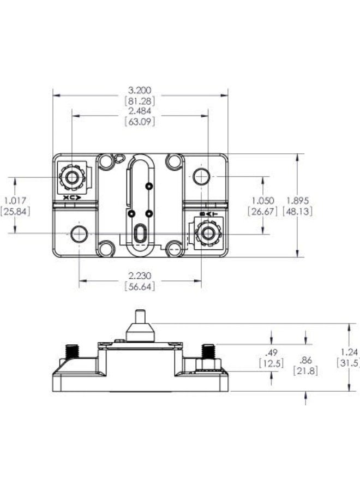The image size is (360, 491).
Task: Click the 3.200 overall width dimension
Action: click(x=140, y=90)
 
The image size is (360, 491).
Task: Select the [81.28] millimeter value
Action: click(x=140, y=101)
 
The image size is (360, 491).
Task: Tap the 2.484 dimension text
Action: click(x=140, y=111)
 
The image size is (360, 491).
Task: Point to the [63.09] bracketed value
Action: click(x=140, y=122)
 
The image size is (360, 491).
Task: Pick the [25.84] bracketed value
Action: click(x=16, y=211)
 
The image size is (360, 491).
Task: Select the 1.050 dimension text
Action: click(x=262, y=201)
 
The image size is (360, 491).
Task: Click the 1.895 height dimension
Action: click(x=297, y=201)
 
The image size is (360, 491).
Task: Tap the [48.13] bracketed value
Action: click(x=297, y=211)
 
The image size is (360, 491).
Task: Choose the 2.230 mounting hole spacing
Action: click(x=140, y=276)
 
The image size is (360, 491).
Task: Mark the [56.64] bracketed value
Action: click(x=140, y=287)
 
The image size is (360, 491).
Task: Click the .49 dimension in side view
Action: click(x=271, y=352)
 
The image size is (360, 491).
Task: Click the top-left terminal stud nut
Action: click(x=70, y=177)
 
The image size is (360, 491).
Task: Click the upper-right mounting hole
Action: click(x=201, y=177)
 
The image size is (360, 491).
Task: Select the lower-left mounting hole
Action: click(x=79, y=234)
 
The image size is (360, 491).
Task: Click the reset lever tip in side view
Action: click(x=139, y=315)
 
